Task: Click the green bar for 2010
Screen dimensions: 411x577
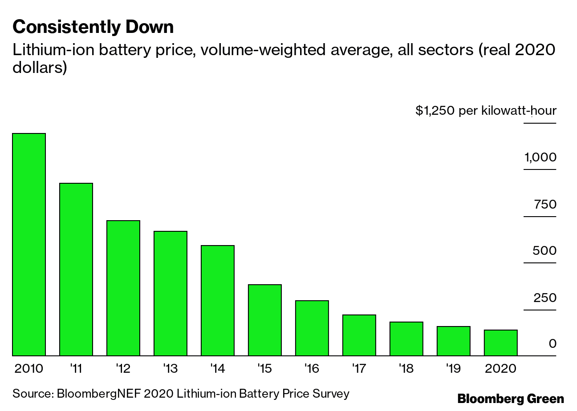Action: [29, 245]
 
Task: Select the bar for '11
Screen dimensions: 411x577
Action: [76, 270]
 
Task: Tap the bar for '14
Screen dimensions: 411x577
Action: [218, 301]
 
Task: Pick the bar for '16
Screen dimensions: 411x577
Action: [312, 328]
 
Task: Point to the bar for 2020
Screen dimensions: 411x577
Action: [501, 343]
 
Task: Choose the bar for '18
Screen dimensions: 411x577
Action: [406, 339]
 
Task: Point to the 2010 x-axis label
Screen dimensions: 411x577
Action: [28, 369]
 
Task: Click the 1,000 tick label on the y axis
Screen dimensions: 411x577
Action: [540, 157]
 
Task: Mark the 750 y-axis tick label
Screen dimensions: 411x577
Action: [545, 205]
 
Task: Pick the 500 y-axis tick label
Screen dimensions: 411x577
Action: [544, 251]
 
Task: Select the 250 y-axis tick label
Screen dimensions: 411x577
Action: [544, 298]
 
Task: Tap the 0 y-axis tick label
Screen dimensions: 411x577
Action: [552, 344]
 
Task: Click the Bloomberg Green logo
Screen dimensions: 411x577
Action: [511, 399]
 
